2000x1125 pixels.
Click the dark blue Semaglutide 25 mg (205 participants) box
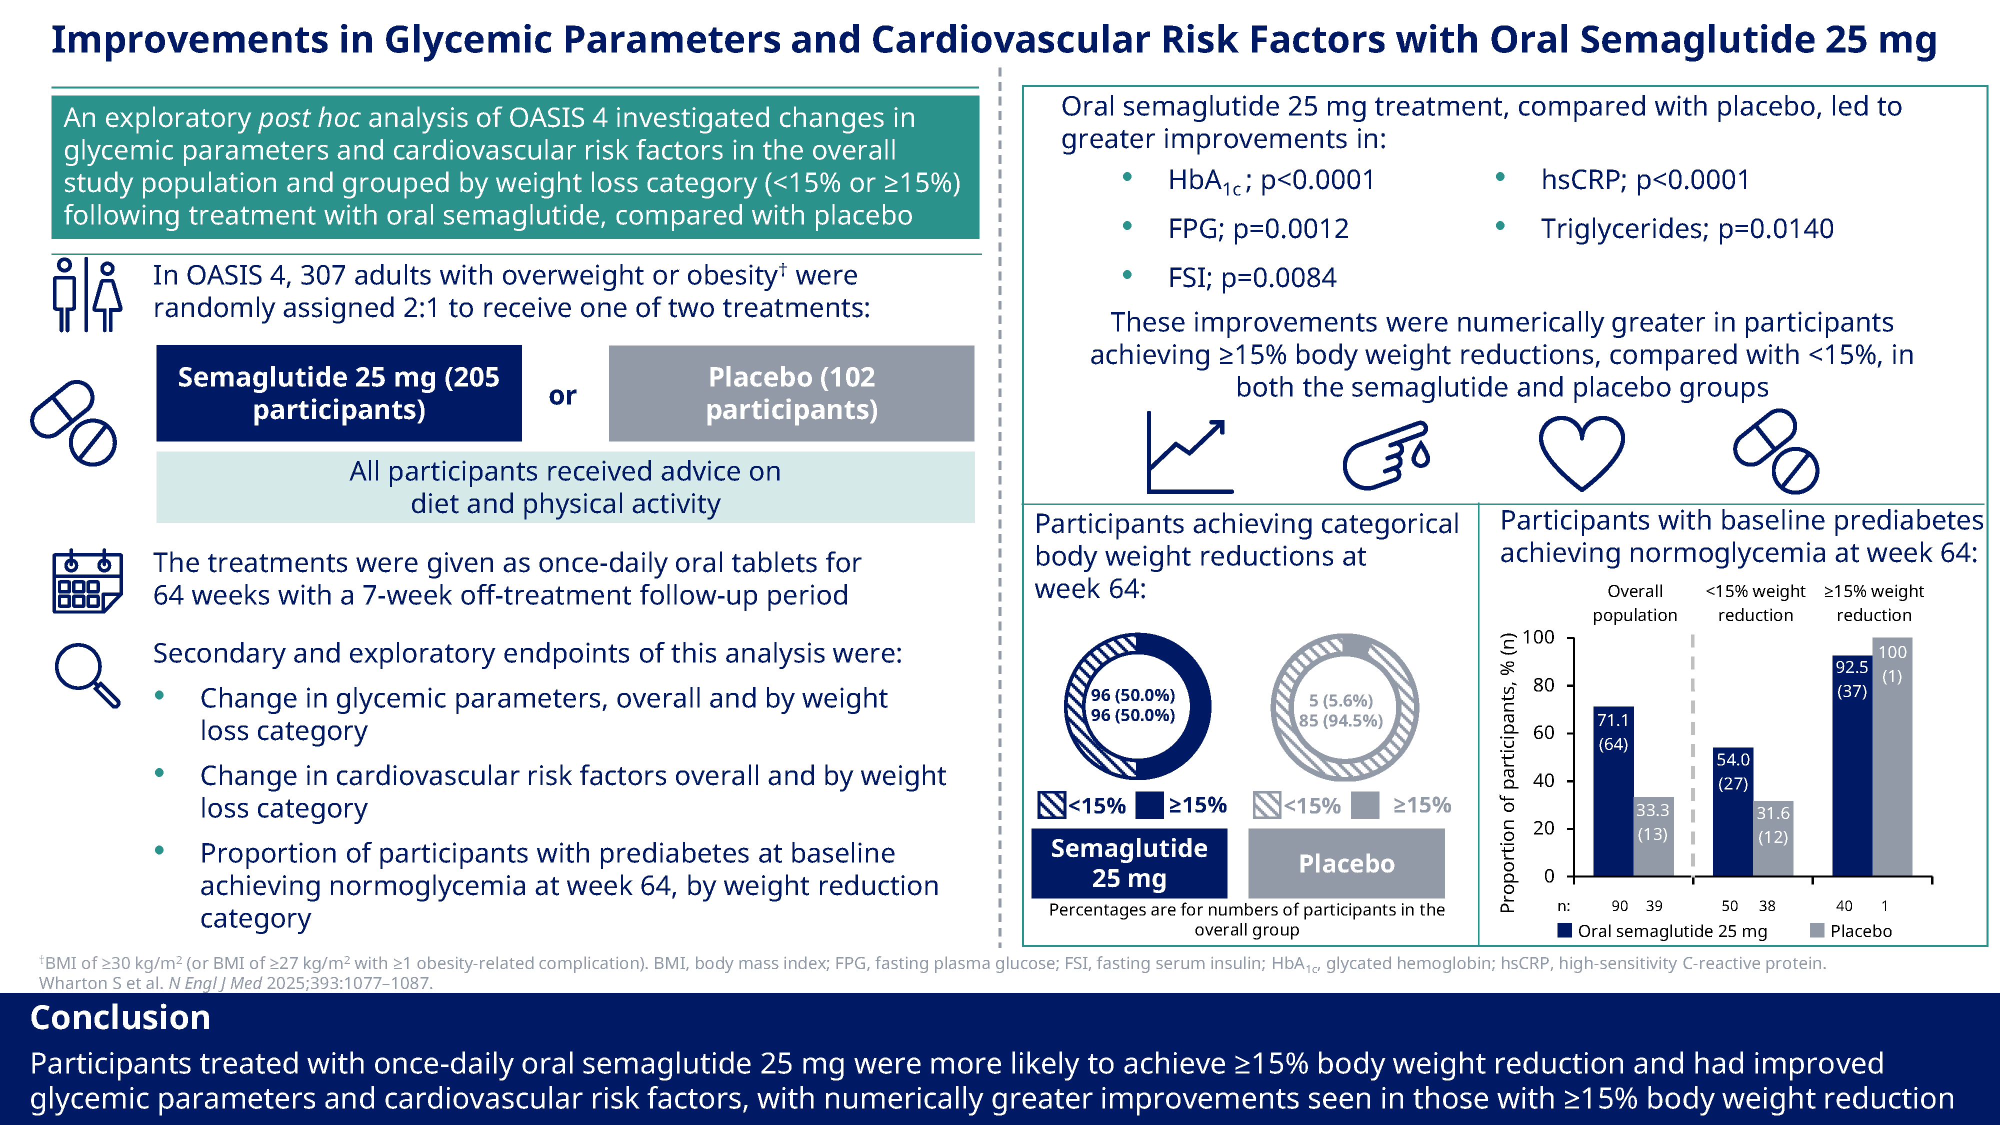[338, 393]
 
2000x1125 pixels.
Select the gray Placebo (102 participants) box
[790, 393]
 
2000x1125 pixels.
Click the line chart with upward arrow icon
[1188, 452]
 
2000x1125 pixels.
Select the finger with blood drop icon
[1386, 454]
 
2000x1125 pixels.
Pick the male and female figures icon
[87, 294]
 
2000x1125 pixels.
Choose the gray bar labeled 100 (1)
[1892, 757]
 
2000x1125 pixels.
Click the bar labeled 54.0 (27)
[1732, 811]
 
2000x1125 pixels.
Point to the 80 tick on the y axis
[1543, 685]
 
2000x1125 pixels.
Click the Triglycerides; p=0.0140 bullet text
[1686, 228]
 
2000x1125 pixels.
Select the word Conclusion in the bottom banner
[120, 1017]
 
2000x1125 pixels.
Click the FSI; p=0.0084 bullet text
[1251, 277]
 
